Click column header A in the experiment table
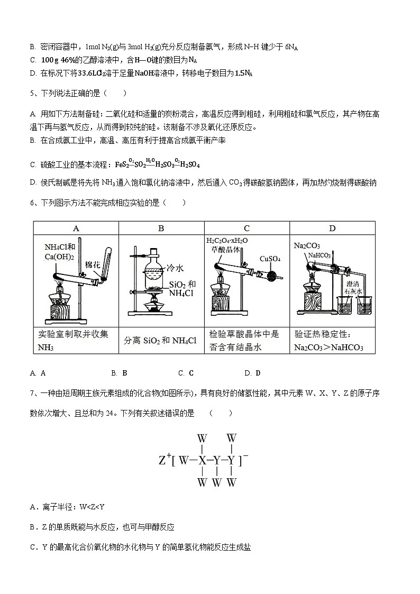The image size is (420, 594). [76, 228]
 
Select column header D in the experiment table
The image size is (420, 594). [332, 228]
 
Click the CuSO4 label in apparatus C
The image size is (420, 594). [270, 259]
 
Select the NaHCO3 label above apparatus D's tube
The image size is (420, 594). [319, 255]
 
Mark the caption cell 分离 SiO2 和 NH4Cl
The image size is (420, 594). [161, 341]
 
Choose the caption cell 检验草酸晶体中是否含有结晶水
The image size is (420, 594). [246, 341]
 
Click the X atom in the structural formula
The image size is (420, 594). [202, 460]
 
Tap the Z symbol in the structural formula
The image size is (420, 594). [163, 461]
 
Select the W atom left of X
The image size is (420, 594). [184, 460]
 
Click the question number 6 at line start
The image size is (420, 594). [33, 203]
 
